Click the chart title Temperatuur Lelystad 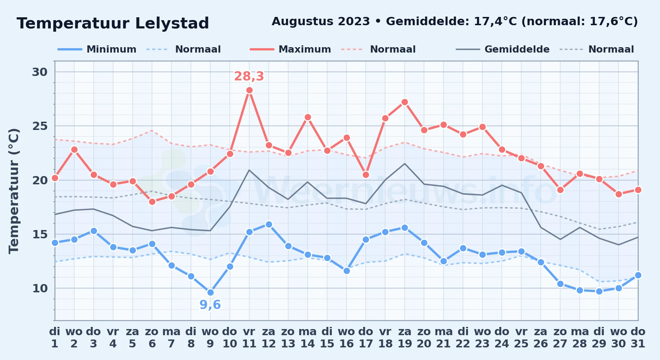tap(113, 23)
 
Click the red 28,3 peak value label tap(249, 76)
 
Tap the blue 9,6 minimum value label tap(210, 305)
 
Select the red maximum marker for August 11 tap(249, 90)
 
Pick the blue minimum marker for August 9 tap(210, 292)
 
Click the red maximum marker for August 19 tap(405, 102)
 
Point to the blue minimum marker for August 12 tap(269, 225)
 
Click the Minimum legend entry tap(97, 49)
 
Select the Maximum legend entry tap(290, 49)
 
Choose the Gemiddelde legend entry tap(503, 49)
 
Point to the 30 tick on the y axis tap(40, 72)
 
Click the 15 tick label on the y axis tap(40, 234)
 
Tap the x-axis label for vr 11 tap(249, 338)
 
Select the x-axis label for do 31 tap(638, 338)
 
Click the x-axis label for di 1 tap(55, 338)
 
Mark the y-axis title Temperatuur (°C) tap(14, 191)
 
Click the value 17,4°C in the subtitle tap(495, 22)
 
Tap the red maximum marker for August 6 tap(152, 202)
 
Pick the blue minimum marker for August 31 tap(638, 275)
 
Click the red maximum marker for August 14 tap(308, 117)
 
